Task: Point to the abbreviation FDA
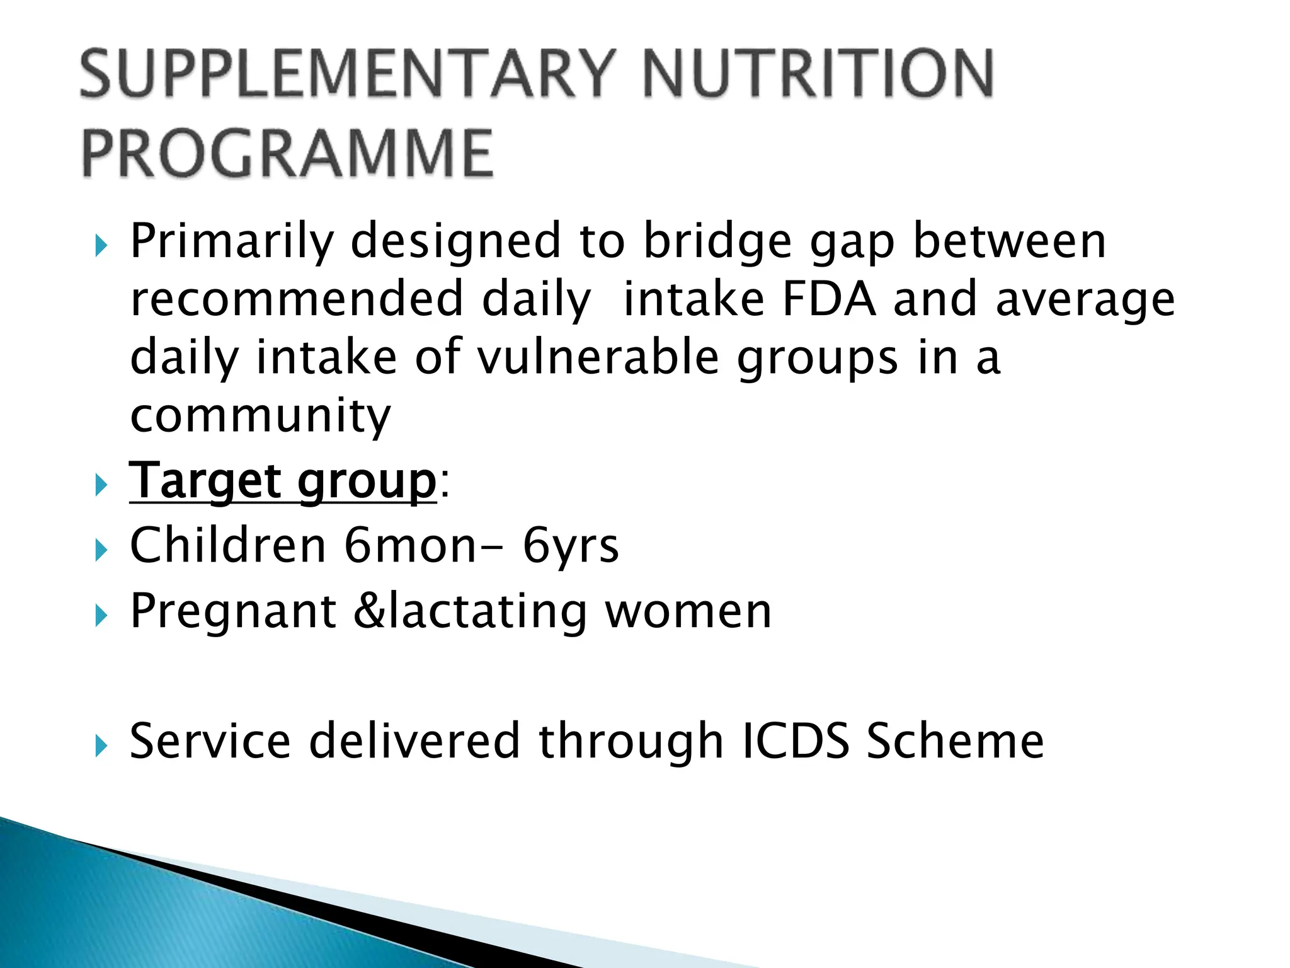coord(828,299)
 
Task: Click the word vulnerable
coord(598,357)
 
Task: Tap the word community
coord(260,416)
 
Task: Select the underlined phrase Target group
coord(282,481)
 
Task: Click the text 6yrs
coord(571,547)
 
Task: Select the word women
coord(688,612)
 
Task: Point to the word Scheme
coord(955,741)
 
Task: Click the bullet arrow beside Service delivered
coord(101,747)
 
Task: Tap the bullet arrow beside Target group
coord(101,486)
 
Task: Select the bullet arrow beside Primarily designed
coord(101,246)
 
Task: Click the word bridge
coord(717,242)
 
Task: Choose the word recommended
coord(297,299)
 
